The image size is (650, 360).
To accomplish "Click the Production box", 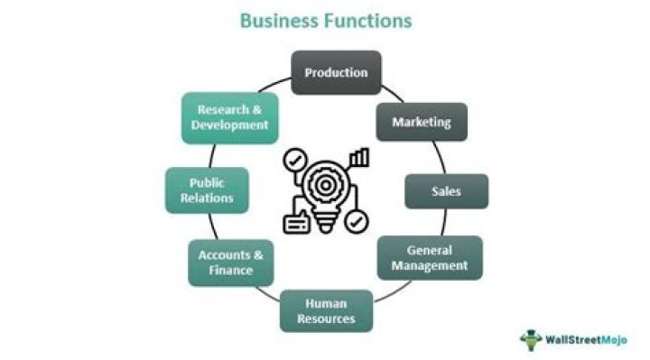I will coord(336,72).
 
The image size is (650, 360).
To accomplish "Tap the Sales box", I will coord(446,191).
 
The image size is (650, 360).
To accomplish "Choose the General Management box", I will coord(429,257).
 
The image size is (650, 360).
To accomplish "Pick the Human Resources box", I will coord(325,310).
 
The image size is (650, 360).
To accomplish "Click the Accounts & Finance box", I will coord(230,263).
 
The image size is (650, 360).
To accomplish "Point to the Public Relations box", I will coord(207,190).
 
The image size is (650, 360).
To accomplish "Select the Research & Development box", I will coord(229,117).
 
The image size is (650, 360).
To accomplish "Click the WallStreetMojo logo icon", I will coord(532,339).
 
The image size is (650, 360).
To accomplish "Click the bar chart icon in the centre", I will coord(360,159).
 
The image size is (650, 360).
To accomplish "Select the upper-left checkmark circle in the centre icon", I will coord(294,160).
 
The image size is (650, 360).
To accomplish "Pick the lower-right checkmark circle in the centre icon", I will coord(357,220).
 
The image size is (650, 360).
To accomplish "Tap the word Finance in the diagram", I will coord(230,271).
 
